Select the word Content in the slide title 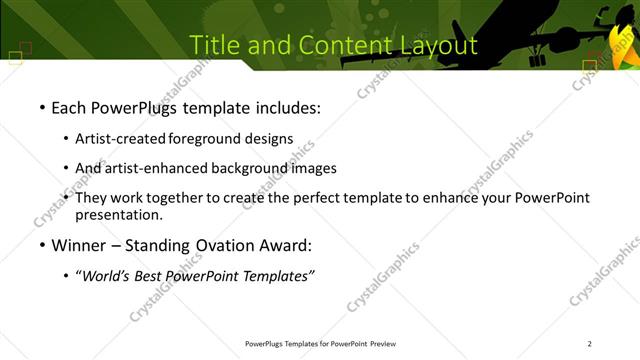point(329,45)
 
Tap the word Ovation point(218,245)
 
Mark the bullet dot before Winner point(42,246)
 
